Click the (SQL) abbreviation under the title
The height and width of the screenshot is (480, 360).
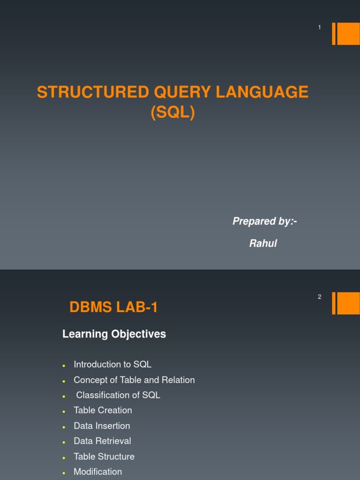pos(172,112)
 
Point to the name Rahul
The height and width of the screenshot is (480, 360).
pos(263,244)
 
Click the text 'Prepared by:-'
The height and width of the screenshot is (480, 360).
pos(265,221)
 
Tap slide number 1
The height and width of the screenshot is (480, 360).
pos(320,28)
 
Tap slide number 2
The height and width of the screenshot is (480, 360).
pos(320,297)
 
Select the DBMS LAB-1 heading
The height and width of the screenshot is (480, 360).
pos(114,307)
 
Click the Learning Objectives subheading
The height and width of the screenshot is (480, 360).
pos(114,334)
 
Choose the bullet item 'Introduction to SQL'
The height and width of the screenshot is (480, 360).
pos(112,364)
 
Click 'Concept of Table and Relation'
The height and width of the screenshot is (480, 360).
pos(134,380)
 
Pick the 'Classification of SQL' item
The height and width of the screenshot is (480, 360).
pos(118,395)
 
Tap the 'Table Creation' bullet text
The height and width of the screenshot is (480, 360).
pos(103,410)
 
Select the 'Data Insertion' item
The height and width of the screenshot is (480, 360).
pos(102,426)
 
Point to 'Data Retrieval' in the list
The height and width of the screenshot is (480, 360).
pos(102,441)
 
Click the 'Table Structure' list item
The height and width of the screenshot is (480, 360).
pos(104,457)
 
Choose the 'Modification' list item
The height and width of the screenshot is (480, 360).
pos(97,472)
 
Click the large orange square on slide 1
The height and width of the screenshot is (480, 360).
pos(348,34)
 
